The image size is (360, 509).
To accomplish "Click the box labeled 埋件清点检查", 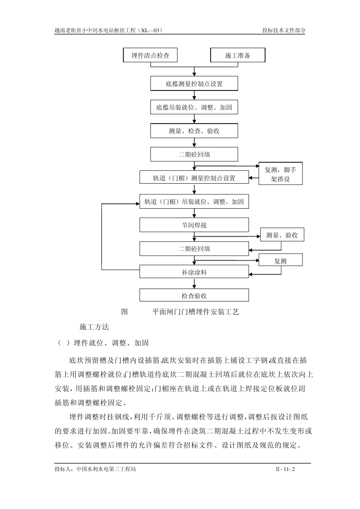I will (150, 55).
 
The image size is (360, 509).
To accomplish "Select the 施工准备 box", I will (238, 55).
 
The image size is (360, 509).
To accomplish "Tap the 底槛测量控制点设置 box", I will (194, 84).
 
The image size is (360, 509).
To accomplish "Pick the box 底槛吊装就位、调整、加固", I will (194, 107).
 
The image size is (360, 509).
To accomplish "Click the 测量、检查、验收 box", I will (194, 131).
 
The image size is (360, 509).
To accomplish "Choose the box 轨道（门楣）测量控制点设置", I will (194, 178).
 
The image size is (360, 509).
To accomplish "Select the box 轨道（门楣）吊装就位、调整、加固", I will (194, 201).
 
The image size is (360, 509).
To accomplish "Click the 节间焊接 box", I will (194, 225).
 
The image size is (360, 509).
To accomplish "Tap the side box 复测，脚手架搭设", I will (280, 174).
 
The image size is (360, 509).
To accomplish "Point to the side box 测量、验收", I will (282, 235).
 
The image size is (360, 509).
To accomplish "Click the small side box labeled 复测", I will (280, 261).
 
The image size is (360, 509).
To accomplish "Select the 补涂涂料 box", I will (194, 272).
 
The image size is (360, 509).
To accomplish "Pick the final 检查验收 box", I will (194, 295).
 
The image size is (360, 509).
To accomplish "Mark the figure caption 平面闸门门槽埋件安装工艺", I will (196, 312).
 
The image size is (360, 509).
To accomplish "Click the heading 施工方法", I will (94, 326).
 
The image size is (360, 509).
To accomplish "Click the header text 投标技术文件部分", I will (284, 30).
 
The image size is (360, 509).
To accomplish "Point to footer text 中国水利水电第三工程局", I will (106, 469).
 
